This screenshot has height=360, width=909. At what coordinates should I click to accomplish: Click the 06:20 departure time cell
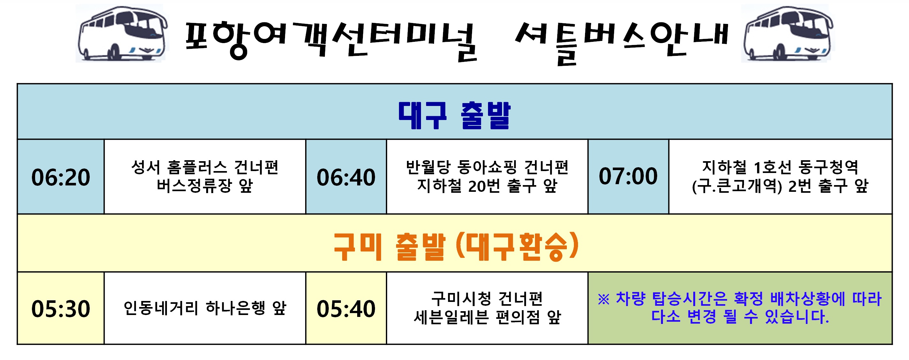[x=61, y=177]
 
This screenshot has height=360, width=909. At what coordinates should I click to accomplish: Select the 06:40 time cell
[x=346, y=177]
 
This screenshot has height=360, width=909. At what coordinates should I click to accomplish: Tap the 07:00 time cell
[x=628, y=176]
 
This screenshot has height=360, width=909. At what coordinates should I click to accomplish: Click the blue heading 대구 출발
[x=454, y=115]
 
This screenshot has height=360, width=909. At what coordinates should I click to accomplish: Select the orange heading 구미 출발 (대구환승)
[x=455, y=246]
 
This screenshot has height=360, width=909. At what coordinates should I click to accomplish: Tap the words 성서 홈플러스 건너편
[x=205, y=167]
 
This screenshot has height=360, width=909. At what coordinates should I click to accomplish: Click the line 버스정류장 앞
[x=205, y=186]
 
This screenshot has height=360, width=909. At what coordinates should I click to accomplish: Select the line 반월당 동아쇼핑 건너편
[x=487, y=167]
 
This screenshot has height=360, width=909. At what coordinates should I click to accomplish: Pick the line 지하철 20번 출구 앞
[x=487, y=186]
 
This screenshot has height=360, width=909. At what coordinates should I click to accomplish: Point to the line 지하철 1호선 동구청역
[x=780, y=167]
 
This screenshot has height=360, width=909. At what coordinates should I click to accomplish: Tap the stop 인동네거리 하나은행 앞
[x=205, y=308]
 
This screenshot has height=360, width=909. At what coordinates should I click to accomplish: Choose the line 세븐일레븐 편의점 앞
[x=487, y=317]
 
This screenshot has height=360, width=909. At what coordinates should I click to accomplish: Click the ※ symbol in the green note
[x=604, y=300]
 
